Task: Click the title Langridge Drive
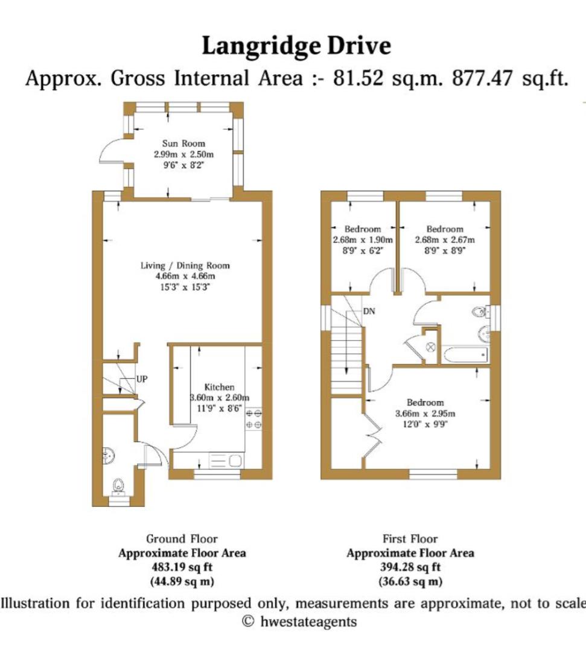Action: [296, 46]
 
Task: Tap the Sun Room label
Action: [183, 143]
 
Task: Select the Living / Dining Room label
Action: [185, 265]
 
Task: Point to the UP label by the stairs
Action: [142, 379]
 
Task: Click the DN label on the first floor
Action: [370, 312]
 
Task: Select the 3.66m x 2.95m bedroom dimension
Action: [425, 414]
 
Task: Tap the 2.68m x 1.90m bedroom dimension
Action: [362, 239]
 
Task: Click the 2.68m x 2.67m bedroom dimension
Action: [445, 239]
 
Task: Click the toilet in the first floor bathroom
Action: [480, 312]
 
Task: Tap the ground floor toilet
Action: [119, 484]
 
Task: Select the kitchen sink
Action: [226, 462]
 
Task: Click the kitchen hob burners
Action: [254, 419]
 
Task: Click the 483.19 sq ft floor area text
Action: [182, 567]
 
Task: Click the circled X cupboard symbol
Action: [431, 347]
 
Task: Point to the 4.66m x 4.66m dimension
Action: [185, 276]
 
